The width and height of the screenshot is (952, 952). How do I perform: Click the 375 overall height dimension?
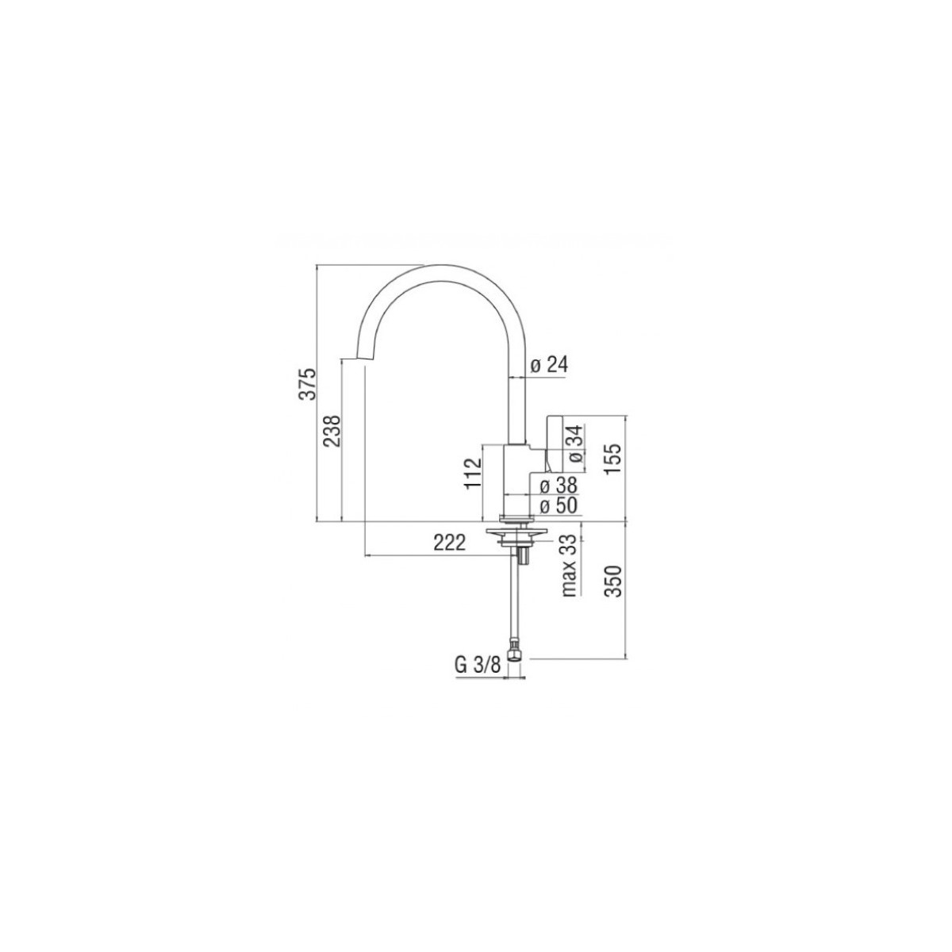[307, 384]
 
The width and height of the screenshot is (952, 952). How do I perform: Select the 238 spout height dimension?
[332, 432]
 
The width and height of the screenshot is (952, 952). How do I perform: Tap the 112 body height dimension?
[473, 473]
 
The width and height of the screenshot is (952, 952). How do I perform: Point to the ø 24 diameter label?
[549, 365]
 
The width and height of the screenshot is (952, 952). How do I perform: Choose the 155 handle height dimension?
[612, 459]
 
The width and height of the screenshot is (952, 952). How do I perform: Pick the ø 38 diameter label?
[559, 486]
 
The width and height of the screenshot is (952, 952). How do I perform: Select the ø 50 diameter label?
[559, 505]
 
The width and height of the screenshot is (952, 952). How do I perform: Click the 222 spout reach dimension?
[450, 543]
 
